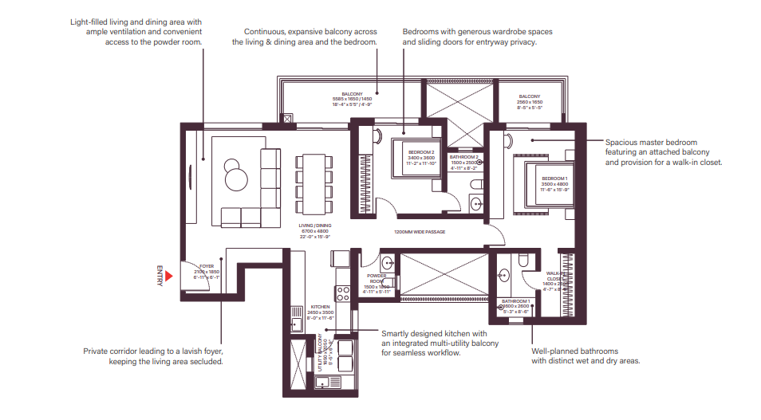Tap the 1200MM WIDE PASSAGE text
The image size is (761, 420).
click(419, 232)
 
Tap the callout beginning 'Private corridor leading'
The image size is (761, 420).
click(153, 355)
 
